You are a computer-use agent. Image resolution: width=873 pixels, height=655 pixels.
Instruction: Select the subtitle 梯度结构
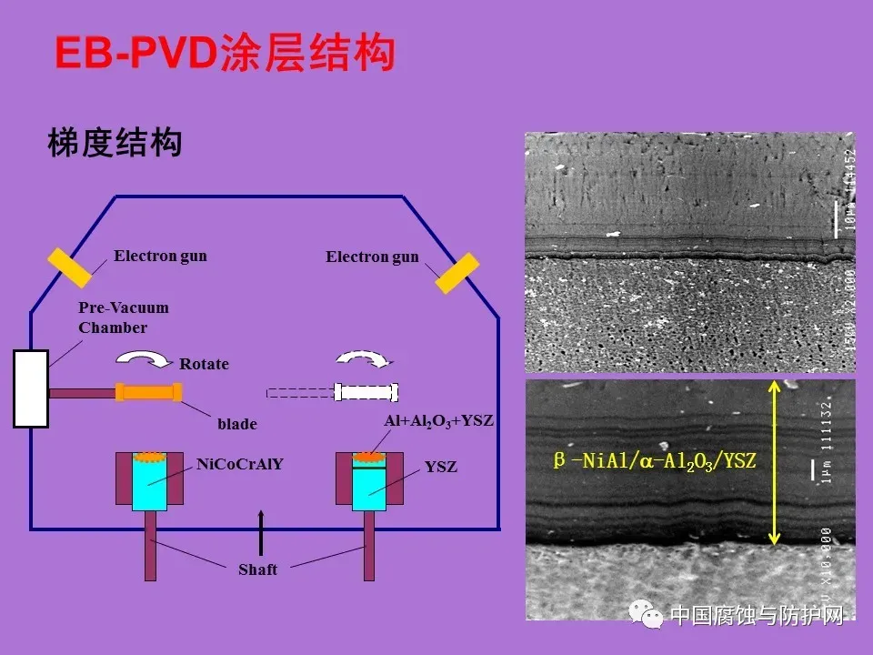[115, 143]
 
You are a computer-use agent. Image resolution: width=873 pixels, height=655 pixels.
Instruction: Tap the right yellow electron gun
[457, 272]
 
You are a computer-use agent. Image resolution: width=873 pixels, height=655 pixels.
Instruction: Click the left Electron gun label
[160, 256]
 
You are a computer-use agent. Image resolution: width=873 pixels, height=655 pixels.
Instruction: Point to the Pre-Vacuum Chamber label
[123, 317]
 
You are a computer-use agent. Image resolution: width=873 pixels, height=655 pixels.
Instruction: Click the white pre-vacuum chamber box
[30, 388]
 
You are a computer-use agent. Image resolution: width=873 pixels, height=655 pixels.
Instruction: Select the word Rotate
[204, 364]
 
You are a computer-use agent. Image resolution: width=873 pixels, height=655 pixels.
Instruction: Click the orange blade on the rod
[148, 392]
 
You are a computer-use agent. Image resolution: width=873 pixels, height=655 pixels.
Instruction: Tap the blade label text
[236, 424]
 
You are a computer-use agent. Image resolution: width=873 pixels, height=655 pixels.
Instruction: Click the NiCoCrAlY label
[240, 464]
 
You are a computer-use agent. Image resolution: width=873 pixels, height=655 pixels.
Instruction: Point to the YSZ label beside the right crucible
[441, 468]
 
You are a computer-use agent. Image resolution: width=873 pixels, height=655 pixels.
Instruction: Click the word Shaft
[257, 569]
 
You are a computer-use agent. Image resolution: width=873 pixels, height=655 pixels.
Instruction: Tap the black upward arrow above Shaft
[261, 532]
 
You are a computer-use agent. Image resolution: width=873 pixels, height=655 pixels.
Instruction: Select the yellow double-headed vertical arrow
[774, 463]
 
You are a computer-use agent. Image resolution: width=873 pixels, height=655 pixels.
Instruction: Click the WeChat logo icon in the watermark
[651, 617]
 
